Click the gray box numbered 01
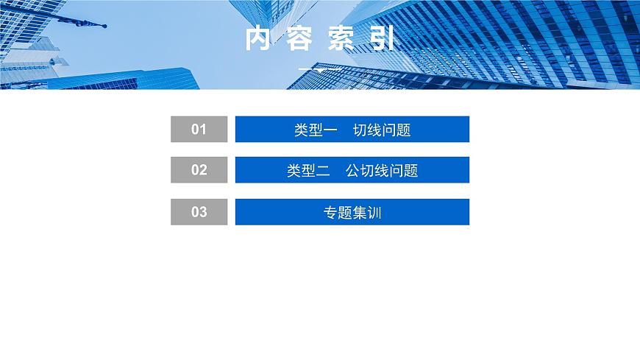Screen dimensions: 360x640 199,130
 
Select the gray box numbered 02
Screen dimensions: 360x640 199,170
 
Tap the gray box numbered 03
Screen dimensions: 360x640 199,212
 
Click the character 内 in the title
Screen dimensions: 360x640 258,40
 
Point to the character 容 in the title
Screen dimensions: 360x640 299,40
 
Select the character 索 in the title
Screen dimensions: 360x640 341,40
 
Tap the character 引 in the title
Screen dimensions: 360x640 382,40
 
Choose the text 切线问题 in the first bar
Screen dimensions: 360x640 382,130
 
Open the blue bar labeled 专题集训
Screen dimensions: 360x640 352,212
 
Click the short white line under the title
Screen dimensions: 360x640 319,69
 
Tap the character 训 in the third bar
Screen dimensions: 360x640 374,213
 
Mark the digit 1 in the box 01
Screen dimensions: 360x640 203,130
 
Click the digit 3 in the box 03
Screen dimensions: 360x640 203,212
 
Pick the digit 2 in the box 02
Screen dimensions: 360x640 203,170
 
